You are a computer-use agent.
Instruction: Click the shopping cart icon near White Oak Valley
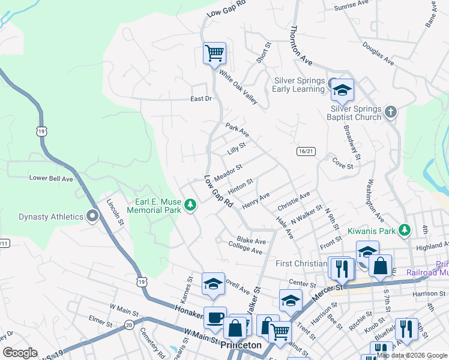214,53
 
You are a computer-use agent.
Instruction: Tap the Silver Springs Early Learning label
299,85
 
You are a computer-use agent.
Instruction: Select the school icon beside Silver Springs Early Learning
342,91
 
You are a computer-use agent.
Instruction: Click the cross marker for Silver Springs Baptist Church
390,112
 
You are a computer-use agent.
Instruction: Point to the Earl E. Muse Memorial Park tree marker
190,206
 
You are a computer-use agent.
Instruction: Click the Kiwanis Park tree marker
405,230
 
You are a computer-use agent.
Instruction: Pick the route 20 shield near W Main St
129,325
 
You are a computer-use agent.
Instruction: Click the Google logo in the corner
20,353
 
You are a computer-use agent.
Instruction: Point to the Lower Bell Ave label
51,178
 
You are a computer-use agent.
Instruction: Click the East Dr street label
201,98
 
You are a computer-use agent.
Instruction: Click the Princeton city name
241,346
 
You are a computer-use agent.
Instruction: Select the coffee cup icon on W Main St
215,319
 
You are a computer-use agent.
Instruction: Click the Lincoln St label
115,212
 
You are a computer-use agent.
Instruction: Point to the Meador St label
228,172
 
